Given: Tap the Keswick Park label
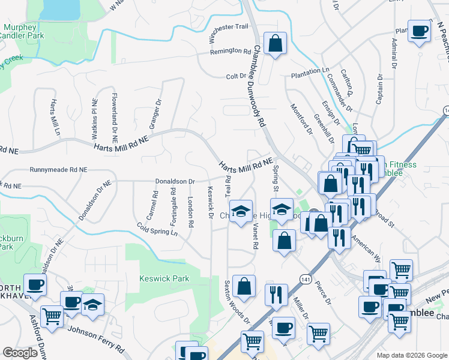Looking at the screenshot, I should click(164, 278).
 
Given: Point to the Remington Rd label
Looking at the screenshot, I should click(230, 52).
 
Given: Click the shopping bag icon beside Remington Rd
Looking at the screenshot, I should click(275, 44).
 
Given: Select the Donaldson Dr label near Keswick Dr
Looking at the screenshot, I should click(175, 181).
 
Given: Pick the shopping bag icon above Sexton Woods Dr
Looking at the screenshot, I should click(244, 286).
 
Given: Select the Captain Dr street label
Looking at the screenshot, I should click(379, 89).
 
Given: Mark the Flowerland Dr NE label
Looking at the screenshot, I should click(114, 116).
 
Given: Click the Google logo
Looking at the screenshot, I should click(20, 353).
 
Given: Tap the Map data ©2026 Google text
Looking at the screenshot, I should click(411, 355).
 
